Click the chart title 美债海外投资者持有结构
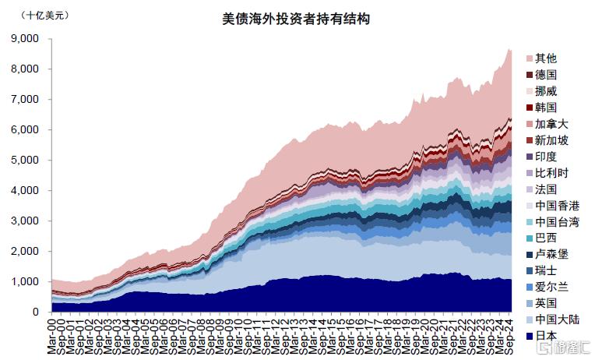[x=297, y=19]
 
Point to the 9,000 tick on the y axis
[x=26, y=38]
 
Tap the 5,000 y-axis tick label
[x=26, y=160]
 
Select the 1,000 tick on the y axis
[x=26, y=281]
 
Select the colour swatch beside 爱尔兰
[x=530, y=287]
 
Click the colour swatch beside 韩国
[x=530, y=108]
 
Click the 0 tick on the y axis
[x=35, y=312]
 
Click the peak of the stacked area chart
[x=508, y=48]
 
